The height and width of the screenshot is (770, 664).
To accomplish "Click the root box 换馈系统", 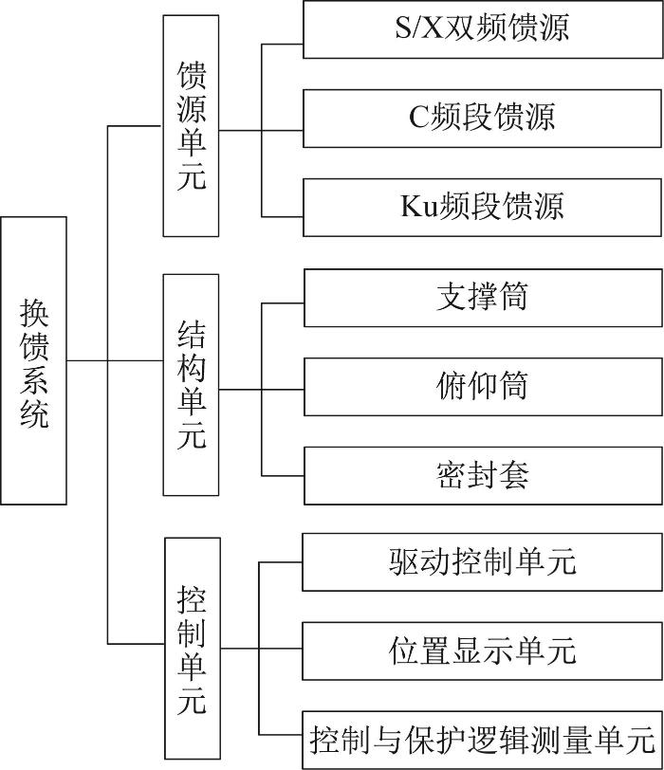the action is pyautogui.click(x=33, y=360).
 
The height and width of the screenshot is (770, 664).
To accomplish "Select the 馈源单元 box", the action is pyautogui.click(x=191, y=126).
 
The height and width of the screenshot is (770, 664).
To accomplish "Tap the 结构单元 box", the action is pyautogui.click(x=191, y=384).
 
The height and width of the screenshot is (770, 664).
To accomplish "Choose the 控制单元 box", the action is pyautogui.click(x=193, y=649).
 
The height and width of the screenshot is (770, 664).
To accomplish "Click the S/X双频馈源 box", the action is pyautogui.click(x=483, y=29).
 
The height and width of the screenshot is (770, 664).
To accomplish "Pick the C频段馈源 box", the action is pyautogui.click(x=482, y=119).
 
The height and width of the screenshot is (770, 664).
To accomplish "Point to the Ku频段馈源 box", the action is pyautogui.click(x=482, y=208).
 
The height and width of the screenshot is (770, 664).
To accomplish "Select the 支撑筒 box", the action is pyautogui.click(x=483, y=298).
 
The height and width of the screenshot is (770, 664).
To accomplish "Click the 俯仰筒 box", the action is pyautogui.click(x=483, y=387).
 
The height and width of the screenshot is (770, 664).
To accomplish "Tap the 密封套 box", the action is pyautogui.click(x=483, y=475).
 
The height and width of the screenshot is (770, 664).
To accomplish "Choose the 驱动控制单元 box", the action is pyautogui.click(x=483, y=561).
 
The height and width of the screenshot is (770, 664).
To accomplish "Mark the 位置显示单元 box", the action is pyautogui.click(x=483, y=651).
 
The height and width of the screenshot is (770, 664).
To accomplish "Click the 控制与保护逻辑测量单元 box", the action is pyautogui.click(x=483, y=740).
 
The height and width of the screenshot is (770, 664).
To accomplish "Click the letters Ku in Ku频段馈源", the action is pyautogui.click(x=419, y=207).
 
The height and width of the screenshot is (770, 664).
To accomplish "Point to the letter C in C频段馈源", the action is pyautogui.click(x=419, y=117).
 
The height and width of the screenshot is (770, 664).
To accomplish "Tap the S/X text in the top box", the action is pyautogui.click(x=418, y=27).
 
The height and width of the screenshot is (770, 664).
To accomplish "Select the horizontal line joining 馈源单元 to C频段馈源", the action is pyautogui.click(x=261, y=131).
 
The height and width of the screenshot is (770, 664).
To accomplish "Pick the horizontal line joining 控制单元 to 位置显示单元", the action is pyautogui.click(x=261, y=649).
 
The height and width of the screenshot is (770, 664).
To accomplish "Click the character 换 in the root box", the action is pyautogui.click(x=34, y=313).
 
